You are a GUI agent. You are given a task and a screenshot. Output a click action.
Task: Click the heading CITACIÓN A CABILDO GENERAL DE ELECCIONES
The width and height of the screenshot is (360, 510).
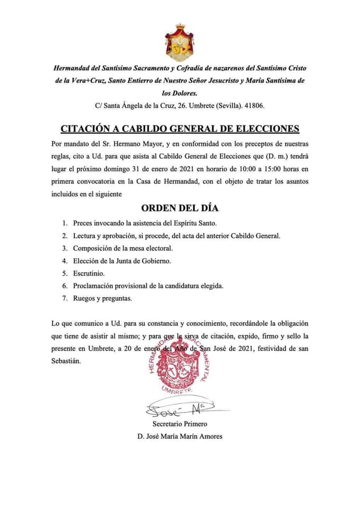pyautogui.click(x=180, y=129)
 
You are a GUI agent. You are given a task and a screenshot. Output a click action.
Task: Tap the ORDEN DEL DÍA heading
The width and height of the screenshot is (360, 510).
pyautogui.click(x=180, y=207)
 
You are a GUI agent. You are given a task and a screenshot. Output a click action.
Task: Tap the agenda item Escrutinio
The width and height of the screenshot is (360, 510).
pyautogui.click(x=89, y=273)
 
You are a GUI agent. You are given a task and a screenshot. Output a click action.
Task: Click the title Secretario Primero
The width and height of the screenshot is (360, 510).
pyautogui.click(x=179, y=424)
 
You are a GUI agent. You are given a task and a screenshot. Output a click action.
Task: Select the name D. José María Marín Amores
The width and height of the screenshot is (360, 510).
pyautogui.click(x=179, y=437)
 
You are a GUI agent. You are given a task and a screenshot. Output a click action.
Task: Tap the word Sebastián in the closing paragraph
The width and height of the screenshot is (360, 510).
pyautogui.click(x=66, y=361)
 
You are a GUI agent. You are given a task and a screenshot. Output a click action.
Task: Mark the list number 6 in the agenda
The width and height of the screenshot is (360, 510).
pyautogui.click(x=64, y=286)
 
